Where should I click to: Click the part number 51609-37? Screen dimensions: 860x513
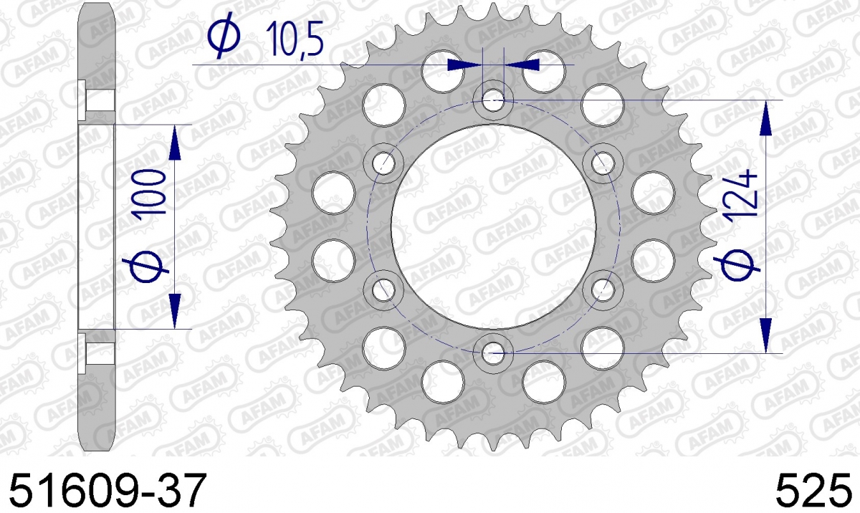108,490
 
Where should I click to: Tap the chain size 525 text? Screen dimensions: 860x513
813,490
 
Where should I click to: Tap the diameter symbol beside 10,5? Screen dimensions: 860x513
224,35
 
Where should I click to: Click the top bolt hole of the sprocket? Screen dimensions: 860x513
493,100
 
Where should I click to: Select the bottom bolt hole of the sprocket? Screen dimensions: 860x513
493,353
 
